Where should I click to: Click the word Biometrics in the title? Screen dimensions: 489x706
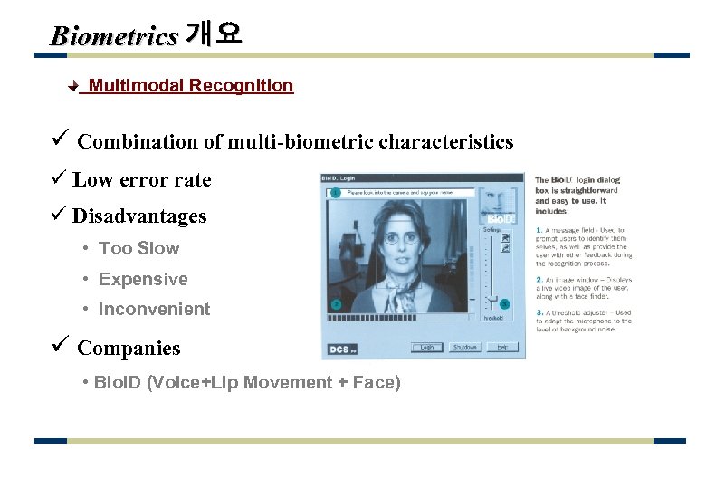point(114,36)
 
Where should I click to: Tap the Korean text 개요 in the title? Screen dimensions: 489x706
point(213,35)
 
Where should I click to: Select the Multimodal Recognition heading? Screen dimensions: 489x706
point(191,86)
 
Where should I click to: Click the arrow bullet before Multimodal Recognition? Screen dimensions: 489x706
point(75,87)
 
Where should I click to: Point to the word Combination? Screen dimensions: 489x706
point(138,142)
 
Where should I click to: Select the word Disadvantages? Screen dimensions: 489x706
point(139,216)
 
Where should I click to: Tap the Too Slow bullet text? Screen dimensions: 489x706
point(138,249)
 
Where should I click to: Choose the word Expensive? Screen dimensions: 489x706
point(143,280)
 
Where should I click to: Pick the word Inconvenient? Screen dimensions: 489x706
point(154,310)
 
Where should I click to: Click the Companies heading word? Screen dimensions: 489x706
point(129,349)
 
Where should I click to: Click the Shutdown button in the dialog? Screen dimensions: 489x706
point(465,347)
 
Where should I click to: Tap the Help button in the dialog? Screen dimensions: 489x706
point(502,347)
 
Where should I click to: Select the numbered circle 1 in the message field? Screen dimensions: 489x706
point(335,192)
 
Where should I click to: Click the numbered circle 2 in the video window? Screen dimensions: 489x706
point(335,304)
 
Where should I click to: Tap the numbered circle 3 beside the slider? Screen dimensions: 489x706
point(504,304)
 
